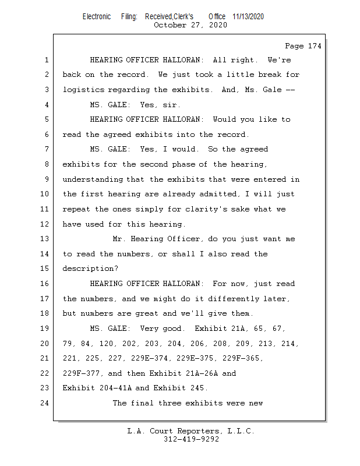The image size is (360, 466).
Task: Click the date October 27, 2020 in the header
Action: click(190, 25)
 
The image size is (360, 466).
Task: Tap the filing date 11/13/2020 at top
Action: click(248, 16)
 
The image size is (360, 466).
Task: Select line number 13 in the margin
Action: click(47, 239)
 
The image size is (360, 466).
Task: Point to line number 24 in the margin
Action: click(47, 403)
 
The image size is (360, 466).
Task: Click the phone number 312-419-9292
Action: click(191, 440)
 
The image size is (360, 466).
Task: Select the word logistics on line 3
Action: click(84, 90)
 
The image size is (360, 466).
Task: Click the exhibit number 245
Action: click(199, 388)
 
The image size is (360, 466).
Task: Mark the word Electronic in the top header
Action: click(97, 16)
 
